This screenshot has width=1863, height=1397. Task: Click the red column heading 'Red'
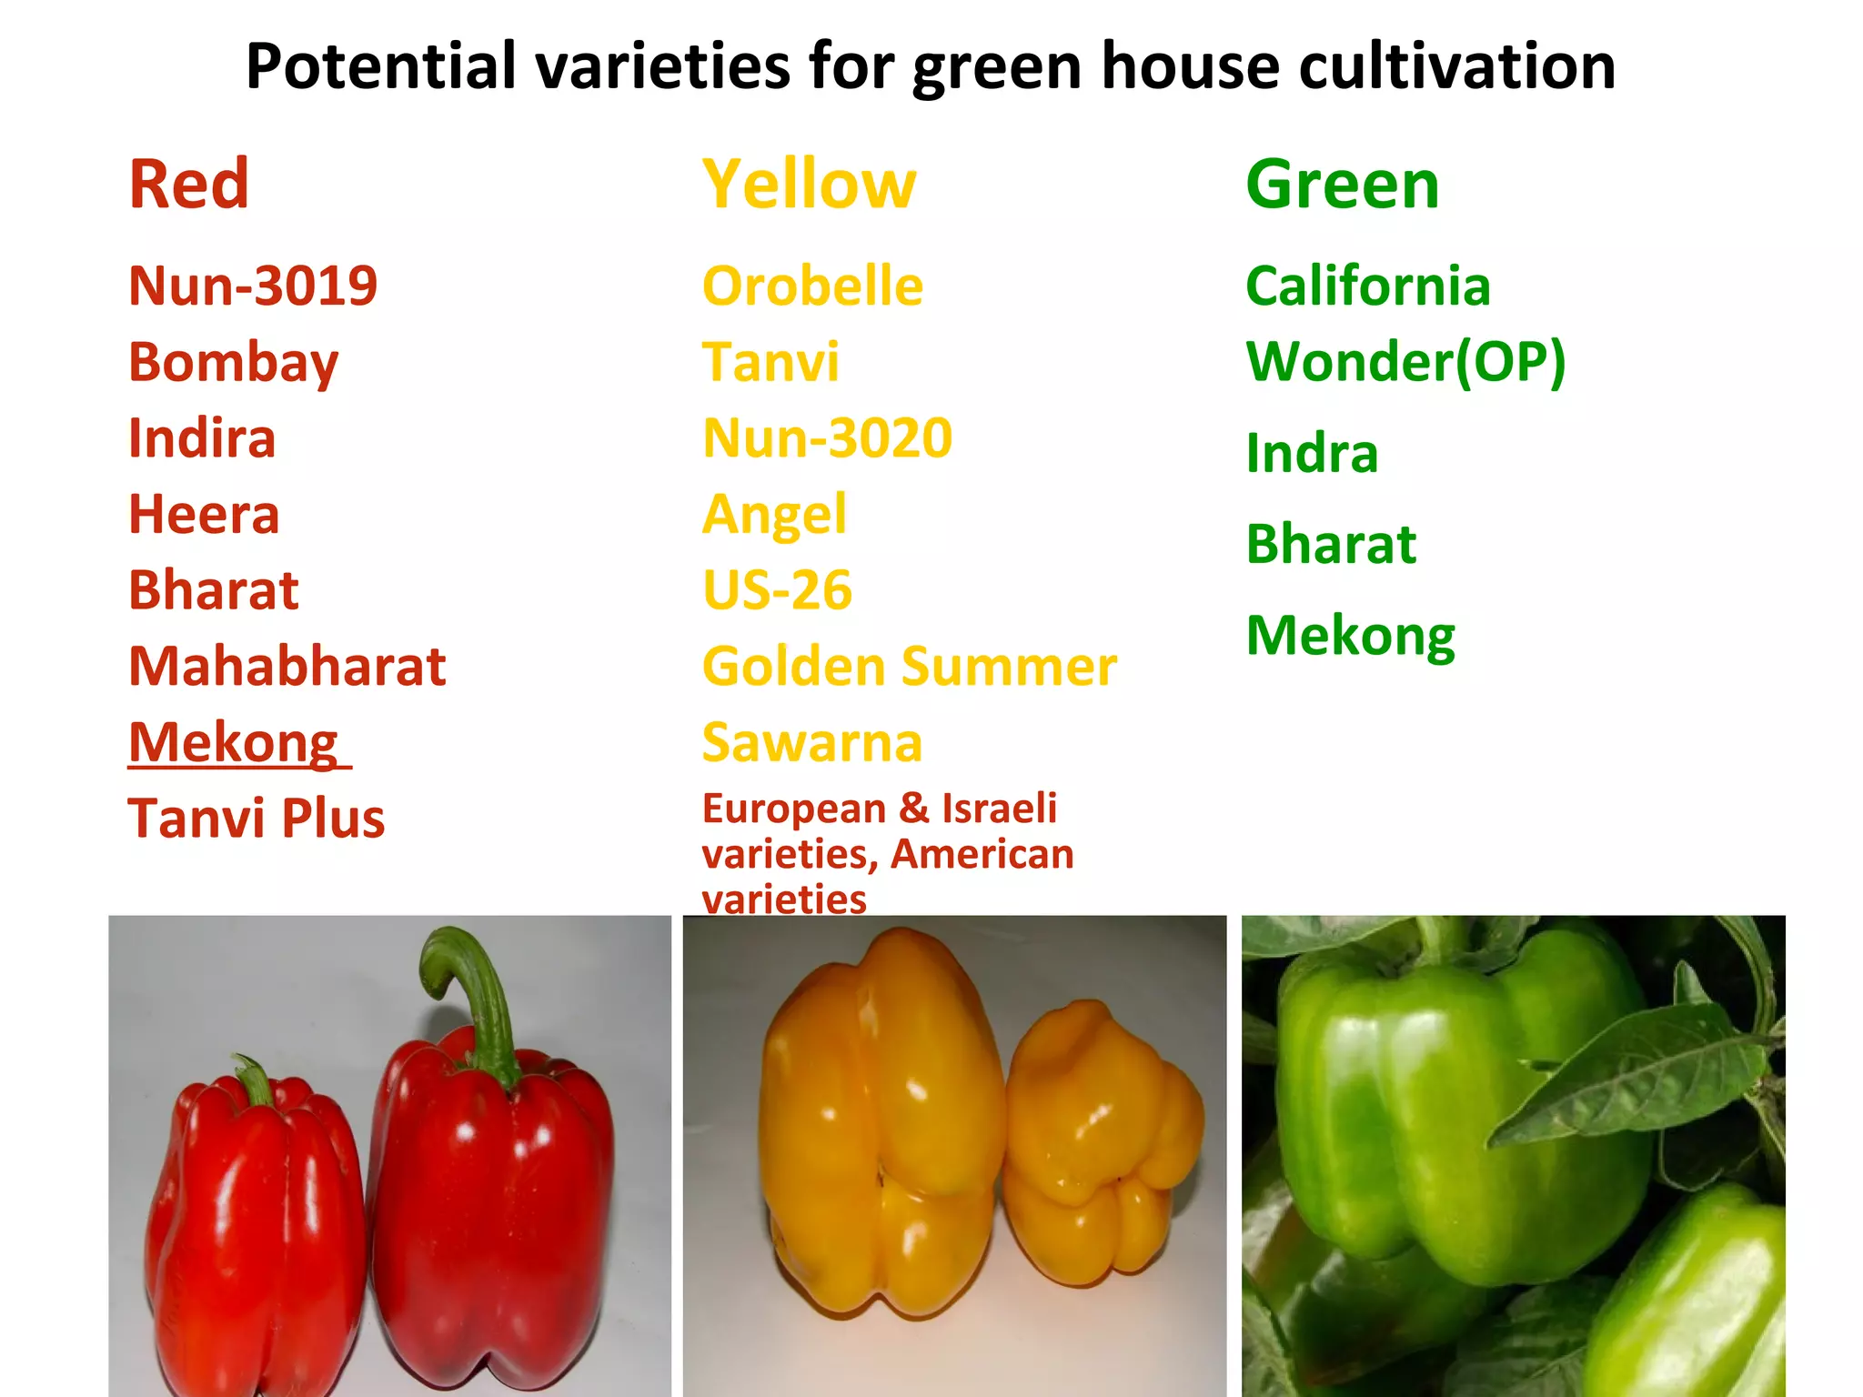[188, 185]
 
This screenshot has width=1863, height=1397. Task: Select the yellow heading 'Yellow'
[809, 185]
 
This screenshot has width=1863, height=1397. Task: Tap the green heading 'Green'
[1342, 185]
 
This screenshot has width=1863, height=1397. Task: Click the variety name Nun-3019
[252, 286]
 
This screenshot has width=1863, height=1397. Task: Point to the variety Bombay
[233, 363]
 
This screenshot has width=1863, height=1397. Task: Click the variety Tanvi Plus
[256, 819]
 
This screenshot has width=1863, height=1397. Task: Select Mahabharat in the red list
[287, 667]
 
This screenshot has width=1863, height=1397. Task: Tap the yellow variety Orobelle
[812, 286]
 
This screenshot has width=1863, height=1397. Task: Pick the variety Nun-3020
[827, 438]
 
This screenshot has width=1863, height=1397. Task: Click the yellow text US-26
[777, 590]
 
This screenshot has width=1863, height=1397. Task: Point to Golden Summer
[909, 667]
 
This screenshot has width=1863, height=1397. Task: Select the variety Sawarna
[811, 743]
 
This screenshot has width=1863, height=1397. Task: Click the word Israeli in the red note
[999, 809]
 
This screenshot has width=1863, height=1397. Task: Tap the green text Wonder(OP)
[1405, 362]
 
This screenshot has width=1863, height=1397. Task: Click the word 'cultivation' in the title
[1456, 66]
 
